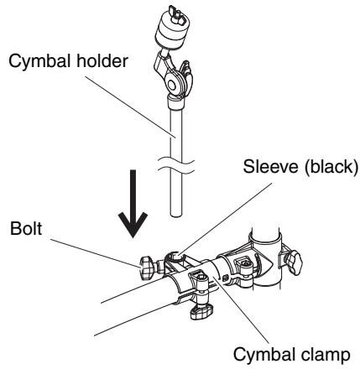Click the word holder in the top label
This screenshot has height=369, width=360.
[102, 60]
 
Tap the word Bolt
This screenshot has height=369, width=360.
[26, 228]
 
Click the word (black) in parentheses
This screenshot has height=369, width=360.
[331, 168]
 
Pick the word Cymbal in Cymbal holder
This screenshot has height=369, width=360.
[40, 61]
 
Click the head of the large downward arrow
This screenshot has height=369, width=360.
[133, 224]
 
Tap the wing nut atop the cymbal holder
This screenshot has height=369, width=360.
[177, 16]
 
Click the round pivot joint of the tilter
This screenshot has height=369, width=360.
[172, 84]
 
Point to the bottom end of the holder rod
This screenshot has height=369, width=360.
[176, 215]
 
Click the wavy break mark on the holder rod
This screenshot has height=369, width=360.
[175, 165]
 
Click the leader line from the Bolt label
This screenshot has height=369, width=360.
[96, 253]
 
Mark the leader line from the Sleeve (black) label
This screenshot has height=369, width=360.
[224, 219]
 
